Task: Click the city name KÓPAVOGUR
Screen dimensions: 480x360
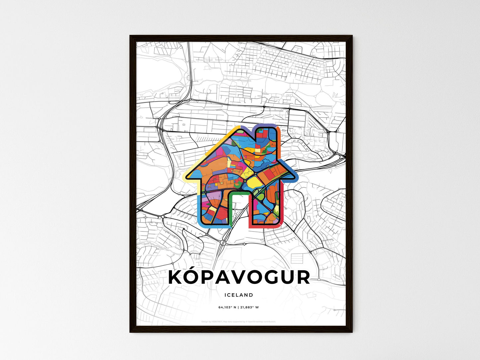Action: point(239,277)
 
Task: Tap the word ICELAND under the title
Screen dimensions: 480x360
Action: point(239,295)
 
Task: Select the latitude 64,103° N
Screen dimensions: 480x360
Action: point(227,307)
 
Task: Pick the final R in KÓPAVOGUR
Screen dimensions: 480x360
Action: point(303,278)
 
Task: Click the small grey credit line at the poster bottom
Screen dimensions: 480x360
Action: point(239,321)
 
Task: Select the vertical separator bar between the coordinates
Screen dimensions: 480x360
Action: point(238,307)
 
